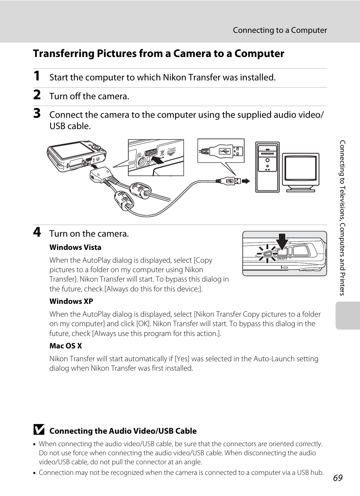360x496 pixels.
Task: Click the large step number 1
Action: pyautogui.click(x=37, y=76)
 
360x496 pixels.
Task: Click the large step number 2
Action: pyautogui.click(x=37, y=95)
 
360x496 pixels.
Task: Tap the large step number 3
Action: pyautogui.click(x=37, y=114)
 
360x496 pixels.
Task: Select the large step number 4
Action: pyautogui.click(x=37, y=232)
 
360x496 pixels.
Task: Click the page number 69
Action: pyautogui.click(x=338, y=478)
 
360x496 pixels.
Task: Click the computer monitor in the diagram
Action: pyautogui.click(x=301, y=172)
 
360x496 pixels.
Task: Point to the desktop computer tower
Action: pyautogui.click(x=267, y=167)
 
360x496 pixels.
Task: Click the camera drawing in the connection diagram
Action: pyautogui.click(x=75, y=156)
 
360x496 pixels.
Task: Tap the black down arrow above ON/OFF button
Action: pyautogui.click(x=282, y=242)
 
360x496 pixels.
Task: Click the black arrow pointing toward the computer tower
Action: pyautogui.click(x=246, y=181)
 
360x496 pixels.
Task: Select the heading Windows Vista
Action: pyautogui.click(x=75, y=248)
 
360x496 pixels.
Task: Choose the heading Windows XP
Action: pyautogui.click(x=71, y=302)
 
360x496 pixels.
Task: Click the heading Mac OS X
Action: pyautogui.click(x=66, y=346)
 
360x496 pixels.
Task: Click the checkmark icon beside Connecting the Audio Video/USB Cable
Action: pyautogui.click(x=38, y=430)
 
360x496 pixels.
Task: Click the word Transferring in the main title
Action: pyautogui.click(x=63, y=54)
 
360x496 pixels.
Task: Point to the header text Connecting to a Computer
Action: pyautogui.click(x=280, y=30)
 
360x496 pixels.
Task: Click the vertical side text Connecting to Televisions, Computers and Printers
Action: pyautogui.click(x=342, y=218)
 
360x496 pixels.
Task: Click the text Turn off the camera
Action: pyautogui.click(x=89, y=97)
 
